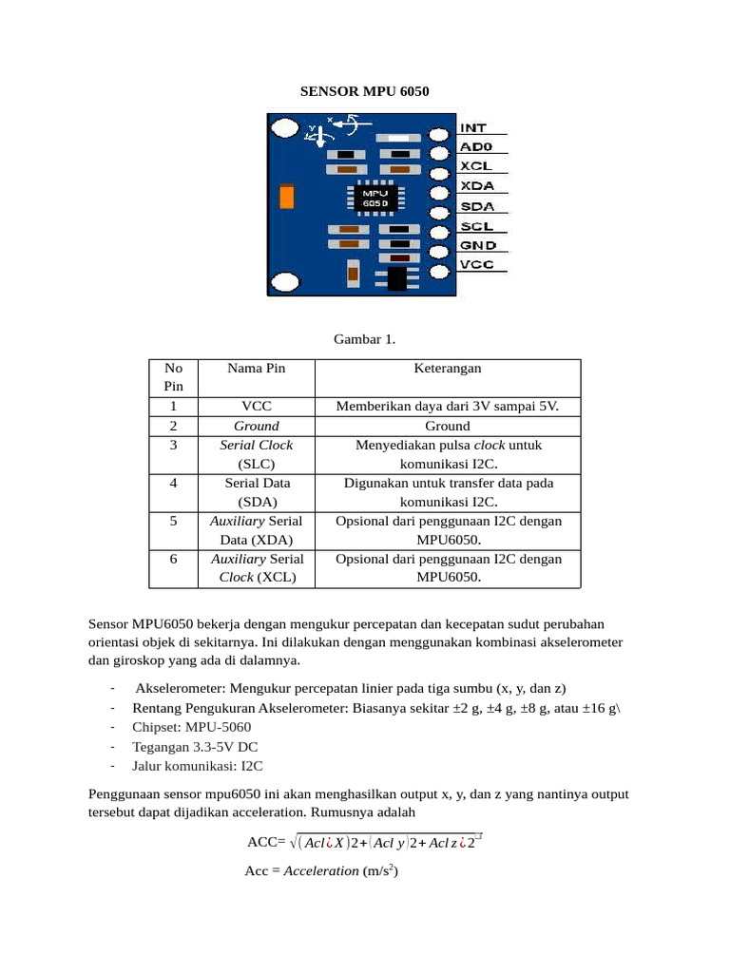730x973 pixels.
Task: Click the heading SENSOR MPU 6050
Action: (x=365, y=92)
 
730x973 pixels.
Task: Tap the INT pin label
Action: (x=473, y=127)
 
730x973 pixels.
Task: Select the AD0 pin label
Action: (x=476, y=147)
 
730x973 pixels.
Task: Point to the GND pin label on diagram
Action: (x=478, y=245)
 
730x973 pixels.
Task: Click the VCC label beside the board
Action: (x=477, y=265)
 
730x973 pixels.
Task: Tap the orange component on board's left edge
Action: (x=284, y=197)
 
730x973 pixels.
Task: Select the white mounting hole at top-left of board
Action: (x=284, y=127)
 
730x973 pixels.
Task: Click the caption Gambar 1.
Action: (x=365, y=339)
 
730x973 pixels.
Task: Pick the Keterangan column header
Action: (x=448, y=369)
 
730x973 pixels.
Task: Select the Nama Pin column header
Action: (x=257, y=369)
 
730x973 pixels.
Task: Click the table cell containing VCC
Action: (x=257, y=407)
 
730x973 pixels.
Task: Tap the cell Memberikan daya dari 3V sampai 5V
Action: (x=448, y=407)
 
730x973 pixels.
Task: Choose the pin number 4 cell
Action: (x=173, y=483)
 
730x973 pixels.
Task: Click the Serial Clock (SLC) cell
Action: (x=257, y=454)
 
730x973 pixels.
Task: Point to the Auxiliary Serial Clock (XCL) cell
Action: (x=257, y=568)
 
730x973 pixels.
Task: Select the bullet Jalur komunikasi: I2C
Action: (x=198, y=765)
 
